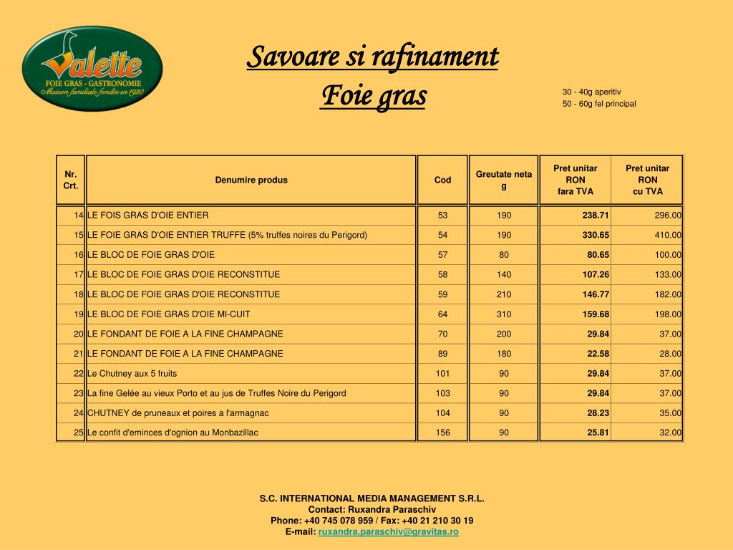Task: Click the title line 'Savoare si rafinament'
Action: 372,57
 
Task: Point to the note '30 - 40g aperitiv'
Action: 591,92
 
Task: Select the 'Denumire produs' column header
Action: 251,180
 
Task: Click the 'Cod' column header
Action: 442,180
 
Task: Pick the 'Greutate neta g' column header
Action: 504,180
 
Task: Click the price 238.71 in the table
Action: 596,215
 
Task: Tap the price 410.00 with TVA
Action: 668,235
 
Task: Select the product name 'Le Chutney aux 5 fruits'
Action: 132,373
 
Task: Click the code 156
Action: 442,433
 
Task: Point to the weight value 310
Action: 504,314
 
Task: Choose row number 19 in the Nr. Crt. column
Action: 79,314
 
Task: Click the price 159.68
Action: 596,314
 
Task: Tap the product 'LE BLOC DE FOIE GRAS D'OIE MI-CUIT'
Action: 169,314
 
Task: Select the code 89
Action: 442,353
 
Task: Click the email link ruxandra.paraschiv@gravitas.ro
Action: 389,532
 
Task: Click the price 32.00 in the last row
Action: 671,433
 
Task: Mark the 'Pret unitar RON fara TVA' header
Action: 575,180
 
